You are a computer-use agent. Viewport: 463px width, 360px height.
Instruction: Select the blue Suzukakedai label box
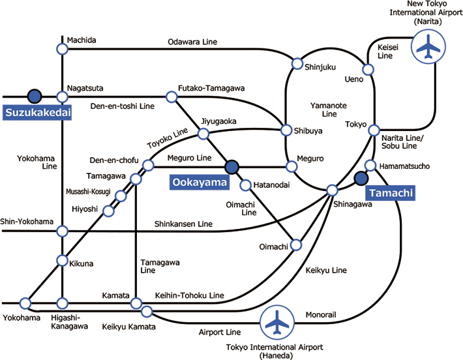(37, 113)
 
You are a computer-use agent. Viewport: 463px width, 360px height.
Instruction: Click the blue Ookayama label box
(200, 183)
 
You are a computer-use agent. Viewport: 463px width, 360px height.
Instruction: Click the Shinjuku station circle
(297, 64)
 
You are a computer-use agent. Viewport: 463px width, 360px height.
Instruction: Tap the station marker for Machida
(62, 49)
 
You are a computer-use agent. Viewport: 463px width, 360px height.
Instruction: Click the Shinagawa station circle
(332, 190)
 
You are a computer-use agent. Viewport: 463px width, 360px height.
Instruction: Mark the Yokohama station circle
(25, 303)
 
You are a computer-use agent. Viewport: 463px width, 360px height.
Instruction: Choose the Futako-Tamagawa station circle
(172, 97)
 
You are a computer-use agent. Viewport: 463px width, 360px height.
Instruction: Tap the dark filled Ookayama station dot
(231, 167)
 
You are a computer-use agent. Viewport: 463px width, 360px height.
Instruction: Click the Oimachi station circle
(296, 245)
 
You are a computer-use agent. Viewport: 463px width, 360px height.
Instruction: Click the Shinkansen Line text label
(184, 224)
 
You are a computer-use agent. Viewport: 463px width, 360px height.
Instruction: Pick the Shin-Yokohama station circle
(62, 231)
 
